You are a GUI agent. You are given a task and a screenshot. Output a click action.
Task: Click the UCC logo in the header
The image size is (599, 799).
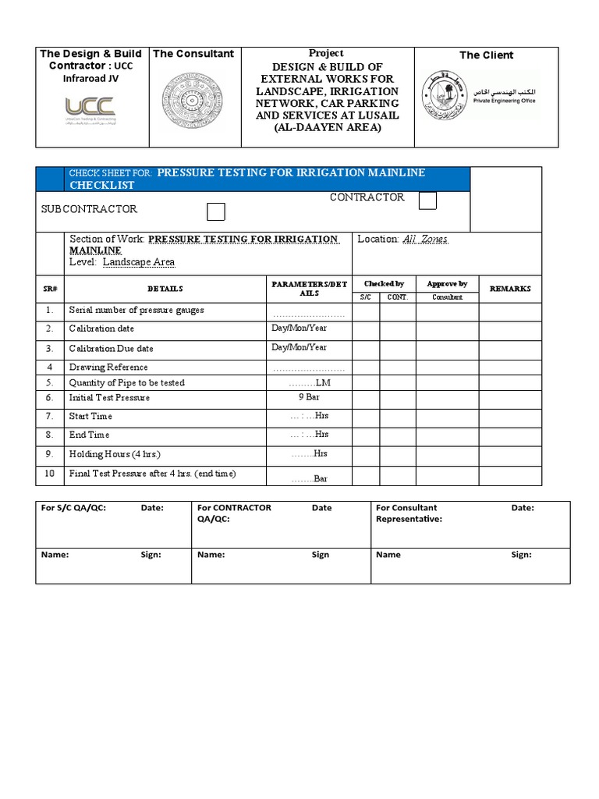point(90,110)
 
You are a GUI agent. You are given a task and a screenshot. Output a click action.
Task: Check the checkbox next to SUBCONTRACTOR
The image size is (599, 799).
point(216,211)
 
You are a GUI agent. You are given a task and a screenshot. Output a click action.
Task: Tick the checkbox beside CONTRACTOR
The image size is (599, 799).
point(427,201)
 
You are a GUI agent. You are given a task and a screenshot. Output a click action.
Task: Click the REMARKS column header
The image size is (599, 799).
point(510,289)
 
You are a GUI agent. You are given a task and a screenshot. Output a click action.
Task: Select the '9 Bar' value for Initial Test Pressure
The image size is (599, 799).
point(309,397)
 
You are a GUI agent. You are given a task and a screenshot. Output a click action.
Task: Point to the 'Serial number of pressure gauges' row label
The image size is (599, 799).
point(136,310)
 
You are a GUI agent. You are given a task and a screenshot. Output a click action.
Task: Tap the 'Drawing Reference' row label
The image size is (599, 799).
point(108,367)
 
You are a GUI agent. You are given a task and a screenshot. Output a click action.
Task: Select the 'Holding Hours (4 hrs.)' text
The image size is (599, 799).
point(115,454)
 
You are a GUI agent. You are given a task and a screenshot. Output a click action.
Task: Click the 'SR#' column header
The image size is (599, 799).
point(49,289)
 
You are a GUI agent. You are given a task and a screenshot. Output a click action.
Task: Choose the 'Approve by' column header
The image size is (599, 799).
point(447,284)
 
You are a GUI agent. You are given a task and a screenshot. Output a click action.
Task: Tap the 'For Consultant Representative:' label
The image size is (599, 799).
point(409,513)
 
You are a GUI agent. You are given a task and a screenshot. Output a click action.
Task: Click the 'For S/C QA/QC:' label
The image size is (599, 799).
point(73,507)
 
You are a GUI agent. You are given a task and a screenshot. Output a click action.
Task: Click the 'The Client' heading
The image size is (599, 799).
point(486,55)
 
